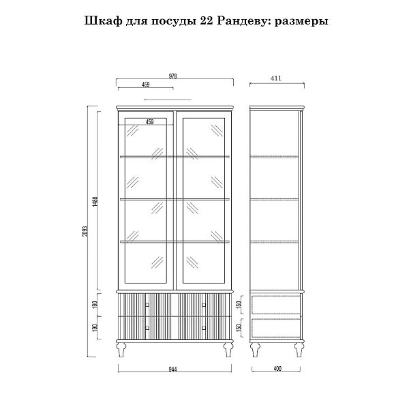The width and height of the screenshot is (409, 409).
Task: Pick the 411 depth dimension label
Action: (275, 78)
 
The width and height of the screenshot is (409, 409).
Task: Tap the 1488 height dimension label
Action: (96, 202)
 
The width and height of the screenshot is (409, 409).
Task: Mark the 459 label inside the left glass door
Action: (149, 122)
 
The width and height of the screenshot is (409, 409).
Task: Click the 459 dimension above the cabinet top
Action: (146, 85)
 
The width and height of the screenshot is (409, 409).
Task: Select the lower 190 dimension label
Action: (96, 328)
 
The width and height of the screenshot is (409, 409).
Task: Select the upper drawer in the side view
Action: (275, 305)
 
